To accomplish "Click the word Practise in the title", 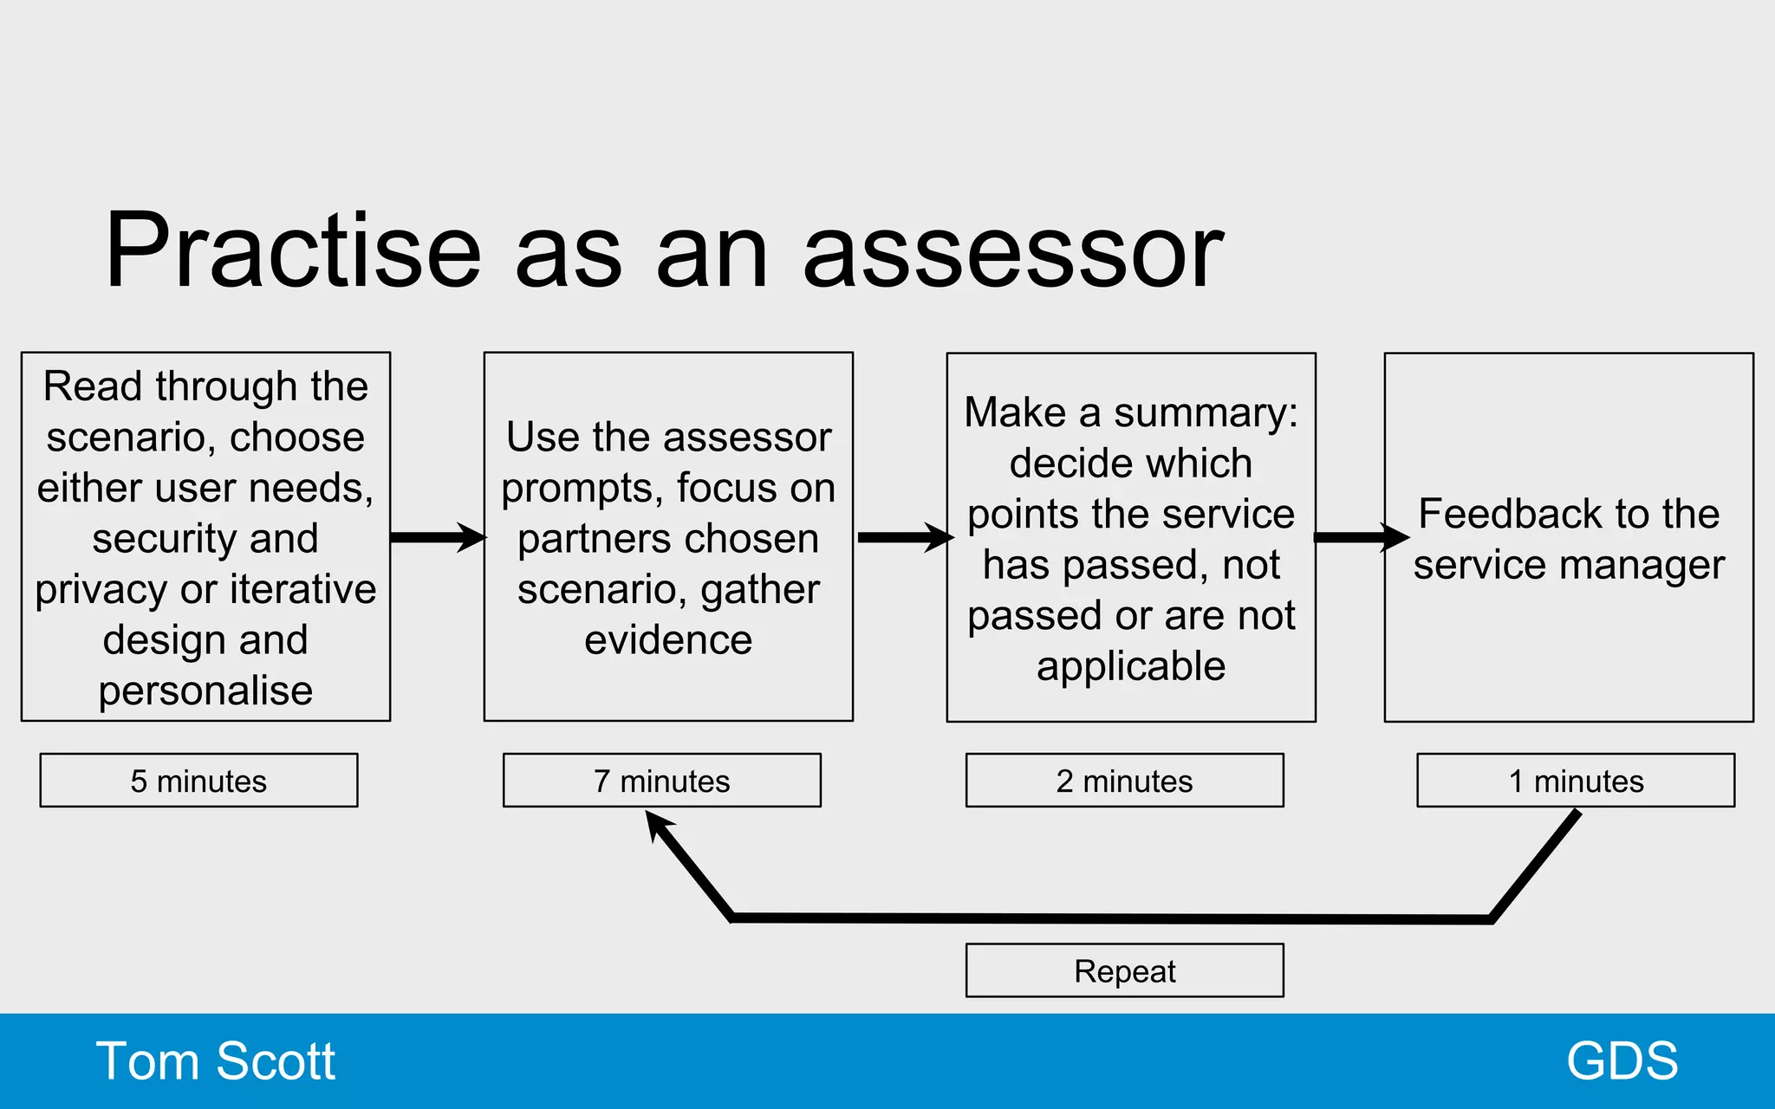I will tap(293, 251).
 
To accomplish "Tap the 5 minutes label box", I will tap(198, 781).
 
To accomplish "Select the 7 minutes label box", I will tap(661, 781).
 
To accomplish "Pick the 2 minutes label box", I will tap(1124, 781).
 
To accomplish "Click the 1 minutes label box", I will tap(1575, 781).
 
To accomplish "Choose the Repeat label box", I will tap(1124, 971).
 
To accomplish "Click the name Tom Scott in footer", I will tap(215, 1061).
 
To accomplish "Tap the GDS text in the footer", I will tap(1622, 1061).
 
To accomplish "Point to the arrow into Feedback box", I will tap(1361, 537).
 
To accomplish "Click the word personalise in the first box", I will tap(205, 691).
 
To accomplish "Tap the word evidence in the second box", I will tap(668, 640).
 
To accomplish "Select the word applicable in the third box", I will tap(1131, 666).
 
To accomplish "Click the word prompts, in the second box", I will tap(583, 489).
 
